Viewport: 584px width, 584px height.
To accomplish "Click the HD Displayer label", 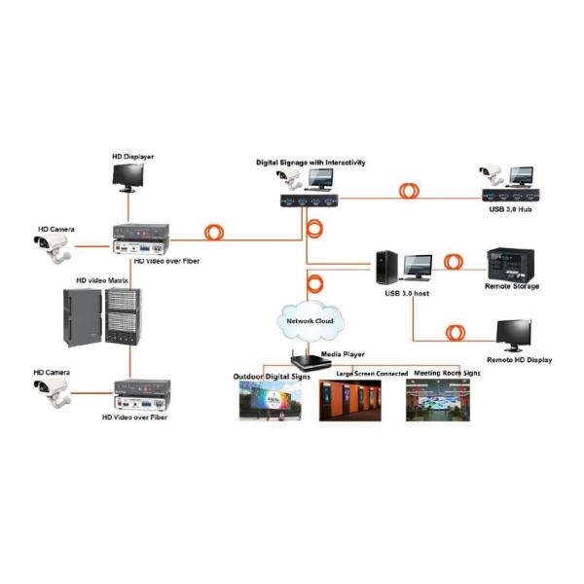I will tap(134, 156).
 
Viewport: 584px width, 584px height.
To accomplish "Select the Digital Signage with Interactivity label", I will tap(310, 163).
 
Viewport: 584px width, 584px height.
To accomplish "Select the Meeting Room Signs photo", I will tap(443, 400).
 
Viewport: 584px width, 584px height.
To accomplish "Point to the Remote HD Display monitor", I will tap(514, 337).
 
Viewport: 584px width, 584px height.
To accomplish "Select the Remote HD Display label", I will tap(519, 360).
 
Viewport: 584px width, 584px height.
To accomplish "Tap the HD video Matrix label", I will tap(103, 279).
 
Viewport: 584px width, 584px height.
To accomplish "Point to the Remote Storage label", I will tap(513, 286).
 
